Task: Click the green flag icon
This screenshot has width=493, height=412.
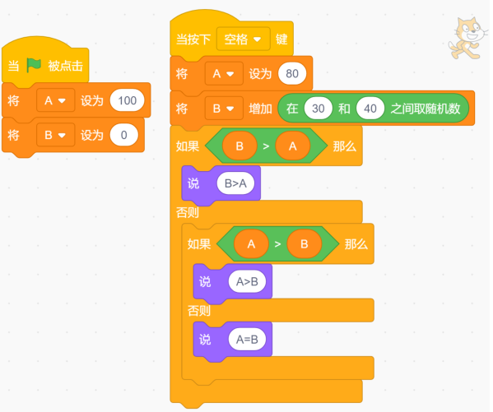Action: [34, 65]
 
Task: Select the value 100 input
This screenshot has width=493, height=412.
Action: [127, 100]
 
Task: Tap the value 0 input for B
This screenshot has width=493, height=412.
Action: [124, 135]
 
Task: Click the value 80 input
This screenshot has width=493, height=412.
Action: [292, 74]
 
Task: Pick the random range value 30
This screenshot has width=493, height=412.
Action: [319, 109]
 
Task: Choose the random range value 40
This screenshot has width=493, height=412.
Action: [370, 109]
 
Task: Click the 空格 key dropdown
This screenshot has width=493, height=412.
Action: [244, 39]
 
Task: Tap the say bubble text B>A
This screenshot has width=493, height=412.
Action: [235, 183]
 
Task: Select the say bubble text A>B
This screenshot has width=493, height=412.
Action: [247, 281]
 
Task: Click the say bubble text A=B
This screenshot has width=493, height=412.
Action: [247, 340]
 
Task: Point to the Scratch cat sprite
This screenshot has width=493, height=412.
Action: [467, 39]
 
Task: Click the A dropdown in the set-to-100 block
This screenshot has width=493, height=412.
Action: [56, 100]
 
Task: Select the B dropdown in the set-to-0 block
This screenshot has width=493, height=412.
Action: [56, 135]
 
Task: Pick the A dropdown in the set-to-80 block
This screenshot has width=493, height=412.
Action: [224, 74]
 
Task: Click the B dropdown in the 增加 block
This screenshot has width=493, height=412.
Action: [224, 109]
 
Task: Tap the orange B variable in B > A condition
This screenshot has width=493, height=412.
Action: [240, 146]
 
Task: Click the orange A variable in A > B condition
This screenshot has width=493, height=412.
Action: [251, 244]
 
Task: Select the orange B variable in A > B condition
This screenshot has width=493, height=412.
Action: [304, 244]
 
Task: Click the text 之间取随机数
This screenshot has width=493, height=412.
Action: [426, 109]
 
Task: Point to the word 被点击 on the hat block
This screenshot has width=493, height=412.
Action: [65, 66]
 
